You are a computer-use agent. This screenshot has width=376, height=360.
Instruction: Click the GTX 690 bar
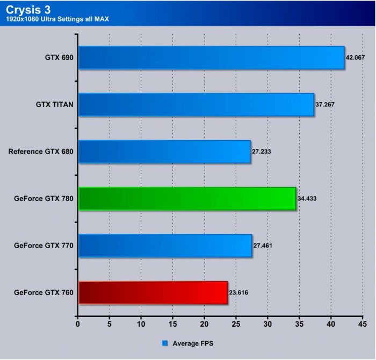[211, 57]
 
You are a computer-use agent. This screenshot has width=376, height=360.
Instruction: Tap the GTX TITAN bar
[196, 104]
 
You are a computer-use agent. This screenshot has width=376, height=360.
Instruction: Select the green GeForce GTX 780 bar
[187, 199]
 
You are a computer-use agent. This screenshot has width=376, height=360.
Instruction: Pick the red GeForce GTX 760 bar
[153, 293]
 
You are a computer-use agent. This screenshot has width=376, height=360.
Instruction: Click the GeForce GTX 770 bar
[165, 246]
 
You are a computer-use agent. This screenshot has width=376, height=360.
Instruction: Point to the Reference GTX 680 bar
[164, 152]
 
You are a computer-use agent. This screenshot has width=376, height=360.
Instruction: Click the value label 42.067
[355, 57]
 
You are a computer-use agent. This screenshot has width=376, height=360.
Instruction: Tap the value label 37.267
[325, 104]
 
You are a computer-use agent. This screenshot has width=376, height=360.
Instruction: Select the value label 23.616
[238, 293]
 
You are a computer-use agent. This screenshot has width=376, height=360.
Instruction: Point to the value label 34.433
[307, 199]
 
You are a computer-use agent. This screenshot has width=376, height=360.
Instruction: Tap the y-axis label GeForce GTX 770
[44, 246]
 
